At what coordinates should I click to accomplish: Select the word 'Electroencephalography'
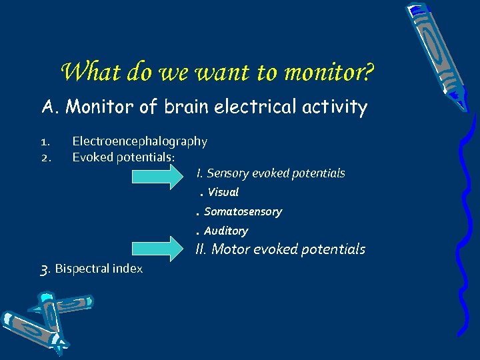pos(139,141)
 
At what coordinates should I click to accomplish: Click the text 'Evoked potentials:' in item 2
pos(123,157)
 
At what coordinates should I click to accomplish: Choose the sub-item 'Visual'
pos(223,193)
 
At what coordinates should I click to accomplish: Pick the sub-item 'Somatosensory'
pos(243,212)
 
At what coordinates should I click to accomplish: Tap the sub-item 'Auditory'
pos(225,231)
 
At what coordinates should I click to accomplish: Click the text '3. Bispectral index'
pos(92,269)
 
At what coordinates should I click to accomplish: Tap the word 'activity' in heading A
pos(337,107)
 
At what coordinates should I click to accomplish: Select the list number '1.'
pos(45,141)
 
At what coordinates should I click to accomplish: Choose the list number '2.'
pos(45,157)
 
